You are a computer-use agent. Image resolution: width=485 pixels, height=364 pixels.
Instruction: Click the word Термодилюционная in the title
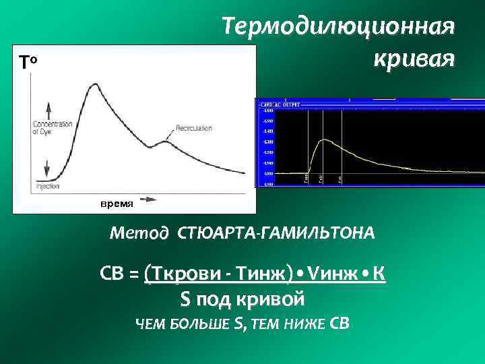point(339,28)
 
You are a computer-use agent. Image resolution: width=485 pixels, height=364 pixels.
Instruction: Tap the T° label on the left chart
point(31,63)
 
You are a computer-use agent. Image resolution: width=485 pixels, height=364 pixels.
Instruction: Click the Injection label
point(48,185)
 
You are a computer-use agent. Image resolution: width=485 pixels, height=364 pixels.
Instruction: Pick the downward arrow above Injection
point(48,169)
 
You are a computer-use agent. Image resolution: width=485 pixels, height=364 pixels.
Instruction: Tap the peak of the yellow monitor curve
point(325,140)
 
